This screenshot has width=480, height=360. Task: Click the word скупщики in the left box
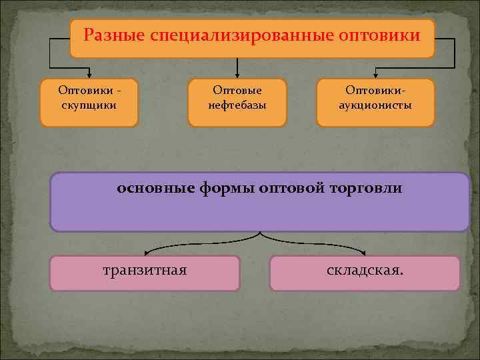[88, 105]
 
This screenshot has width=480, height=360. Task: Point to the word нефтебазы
[237, 105]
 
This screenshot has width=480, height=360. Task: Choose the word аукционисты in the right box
[375, 105]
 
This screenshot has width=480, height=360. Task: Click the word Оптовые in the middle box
[237, 90]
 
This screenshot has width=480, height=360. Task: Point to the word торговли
[367, 188]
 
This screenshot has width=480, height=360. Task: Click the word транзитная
[145, 271]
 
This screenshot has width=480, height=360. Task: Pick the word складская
[365, 271]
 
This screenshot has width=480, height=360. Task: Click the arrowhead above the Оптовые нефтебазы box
[237, 75]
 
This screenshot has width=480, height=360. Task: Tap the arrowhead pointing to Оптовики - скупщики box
[89, 75]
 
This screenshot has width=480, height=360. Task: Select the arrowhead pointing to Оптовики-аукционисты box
[375, 75]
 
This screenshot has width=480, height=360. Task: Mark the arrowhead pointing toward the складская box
[365, 253]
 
